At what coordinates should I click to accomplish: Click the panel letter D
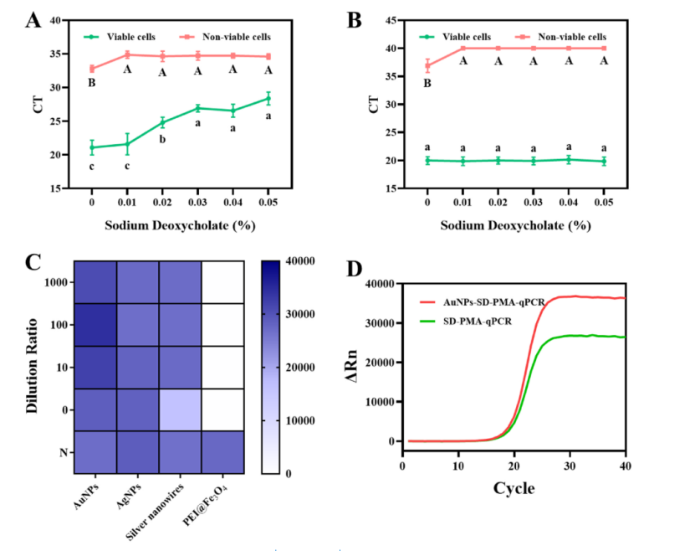click(x=355, y=270)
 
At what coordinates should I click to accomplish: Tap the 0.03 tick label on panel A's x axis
click(x=198, y=200)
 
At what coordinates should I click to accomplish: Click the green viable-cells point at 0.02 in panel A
click(x=162, y=123)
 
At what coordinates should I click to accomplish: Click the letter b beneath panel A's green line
click(x=162, y=140)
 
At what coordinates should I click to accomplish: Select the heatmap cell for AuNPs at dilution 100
click(x=95, y=325)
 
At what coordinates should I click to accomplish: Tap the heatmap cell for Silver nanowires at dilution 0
click(x=180, y=409)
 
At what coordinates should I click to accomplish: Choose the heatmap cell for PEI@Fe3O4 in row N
click(x=222, y=451)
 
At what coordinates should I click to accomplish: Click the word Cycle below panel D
click(x=513, y=487)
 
